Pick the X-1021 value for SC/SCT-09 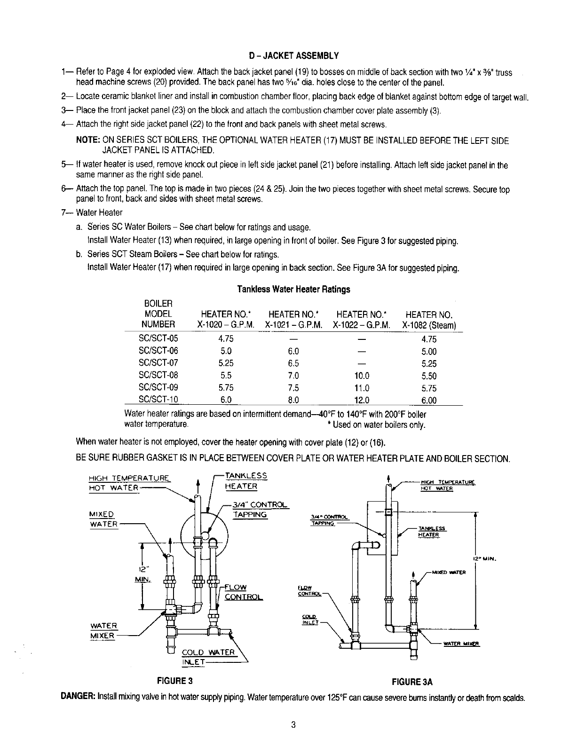(x=293, y=388)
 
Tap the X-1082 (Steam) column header (x=429, y=320)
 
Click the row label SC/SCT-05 (x=158, y=338)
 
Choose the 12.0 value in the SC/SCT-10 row (x=361, y=401)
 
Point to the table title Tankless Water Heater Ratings (x=293, y=289)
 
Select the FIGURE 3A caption (x=412, y=682)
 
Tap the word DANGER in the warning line (x=78, y=696)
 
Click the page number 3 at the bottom (x=293, y=724)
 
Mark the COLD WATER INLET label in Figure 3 (x=207, y=657)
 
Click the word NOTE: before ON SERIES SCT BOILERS (x=88, y=141)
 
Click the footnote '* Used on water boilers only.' (x=376, y=425)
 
